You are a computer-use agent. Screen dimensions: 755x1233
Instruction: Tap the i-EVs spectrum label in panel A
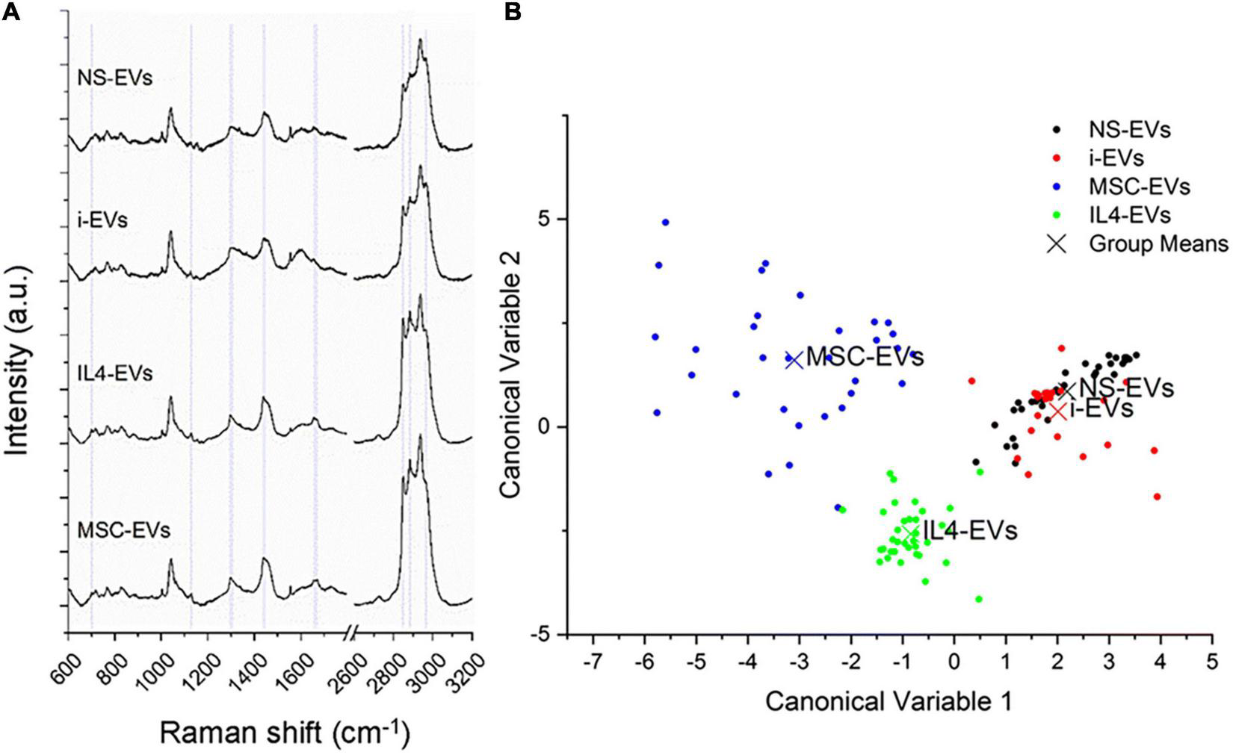click(x=102, y=221)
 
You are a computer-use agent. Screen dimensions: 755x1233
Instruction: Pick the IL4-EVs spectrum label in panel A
click(x=114, y=372)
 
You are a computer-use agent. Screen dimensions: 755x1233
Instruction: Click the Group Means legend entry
click(x=1158, y=243)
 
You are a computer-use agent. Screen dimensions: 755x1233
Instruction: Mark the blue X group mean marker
click(x=794, y=359)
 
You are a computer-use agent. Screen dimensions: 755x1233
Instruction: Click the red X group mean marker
click(x=1057, y=411)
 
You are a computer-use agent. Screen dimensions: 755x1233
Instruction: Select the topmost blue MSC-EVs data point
click(x=665, y=223)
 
